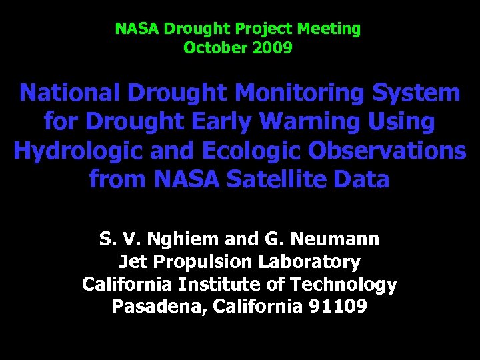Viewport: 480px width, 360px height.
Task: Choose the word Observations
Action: pos(387,151)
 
